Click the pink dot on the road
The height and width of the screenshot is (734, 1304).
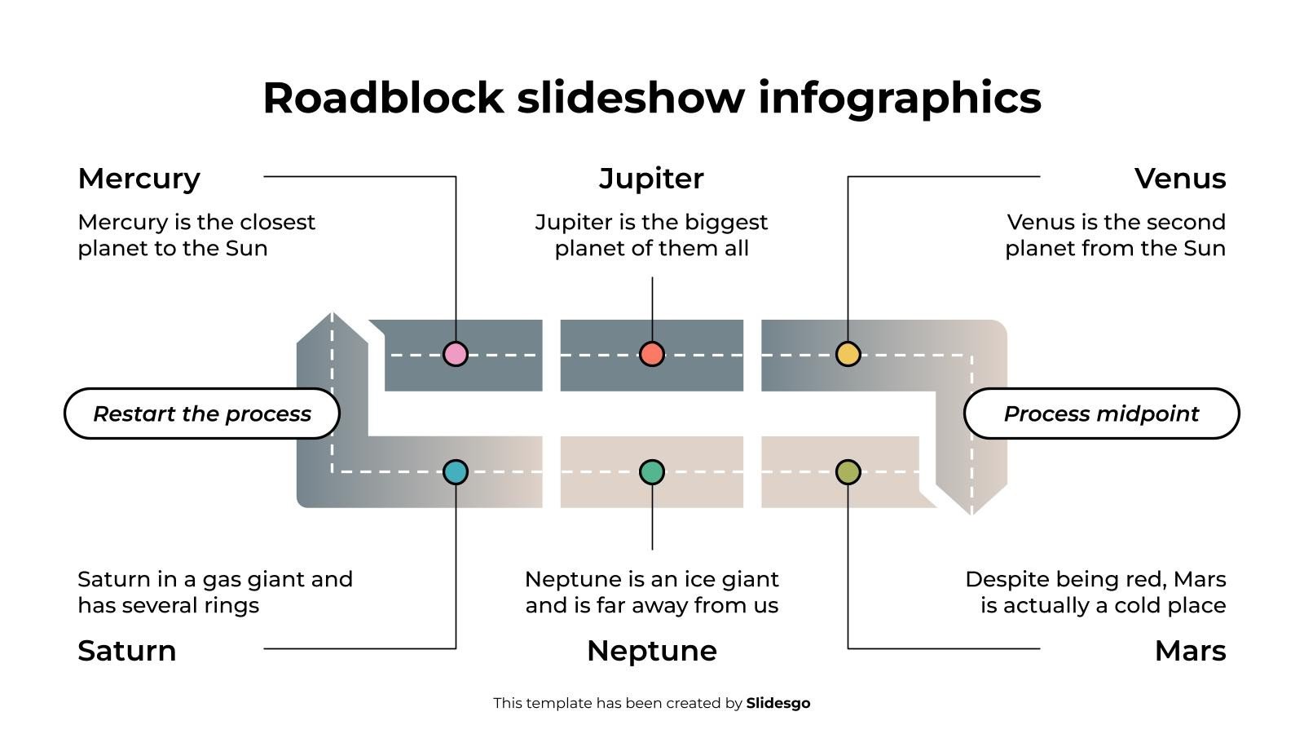tap(455, 354)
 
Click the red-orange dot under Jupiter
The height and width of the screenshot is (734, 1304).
tap(651, 354)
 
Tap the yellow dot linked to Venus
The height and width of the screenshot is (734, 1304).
tap(848, 354)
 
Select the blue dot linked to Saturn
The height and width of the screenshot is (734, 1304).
tap(455, 471)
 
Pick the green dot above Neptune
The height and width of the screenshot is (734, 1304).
tap(651, 471)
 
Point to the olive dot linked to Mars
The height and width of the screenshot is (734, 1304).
tap(848, 471)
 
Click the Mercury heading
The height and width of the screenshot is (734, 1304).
tap(139, 179)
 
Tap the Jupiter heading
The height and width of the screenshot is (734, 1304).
tap(651, 179)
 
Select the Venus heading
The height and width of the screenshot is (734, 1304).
tap(1179, 179)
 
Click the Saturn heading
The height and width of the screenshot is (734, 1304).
tap(126, 651)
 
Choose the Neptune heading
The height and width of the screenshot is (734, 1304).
tap(651, 651)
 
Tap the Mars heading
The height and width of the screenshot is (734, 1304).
tap(1190, 651)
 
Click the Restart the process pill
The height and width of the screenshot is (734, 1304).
tap(201, 413)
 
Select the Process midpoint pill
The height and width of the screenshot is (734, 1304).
tap(1101, 413)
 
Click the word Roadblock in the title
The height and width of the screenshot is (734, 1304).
tap(383, 98)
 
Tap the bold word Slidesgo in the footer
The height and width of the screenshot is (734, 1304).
tap(778, 703)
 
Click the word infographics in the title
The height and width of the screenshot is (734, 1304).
tap(899, 98)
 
